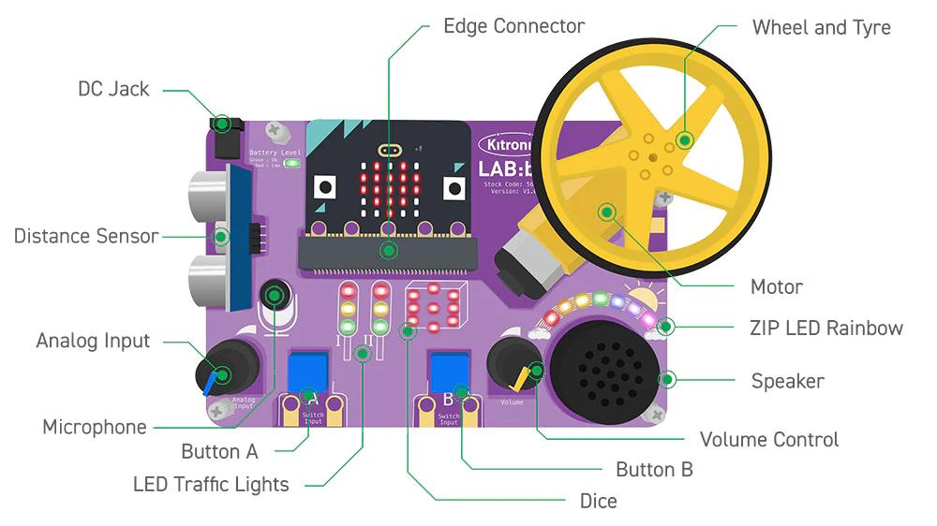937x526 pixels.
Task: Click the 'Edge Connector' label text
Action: click(x=513, y=26)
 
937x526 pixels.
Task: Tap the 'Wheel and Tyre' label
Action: click(x=821, y=27)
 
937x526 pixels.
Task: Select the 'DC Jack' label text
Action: click(x=113, y=89)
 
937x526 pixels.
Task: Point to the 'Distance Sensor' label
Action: click(x=86, y=236)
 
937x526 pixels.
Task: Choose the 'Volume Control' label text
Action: click(x=769, y=439)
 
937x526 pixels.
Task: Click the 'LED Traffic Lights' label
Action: click(x=211, y=484)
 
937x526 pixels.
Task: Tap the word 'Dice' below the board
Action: click(x=598, y=501)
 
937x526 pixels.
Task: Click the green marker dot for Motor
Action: click(x=607, y=212)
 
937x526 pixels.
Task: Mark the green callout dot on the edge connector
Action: click(x=389, y=250)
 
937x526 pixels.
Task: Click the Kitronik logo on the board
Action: click(x=506, y=146)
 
